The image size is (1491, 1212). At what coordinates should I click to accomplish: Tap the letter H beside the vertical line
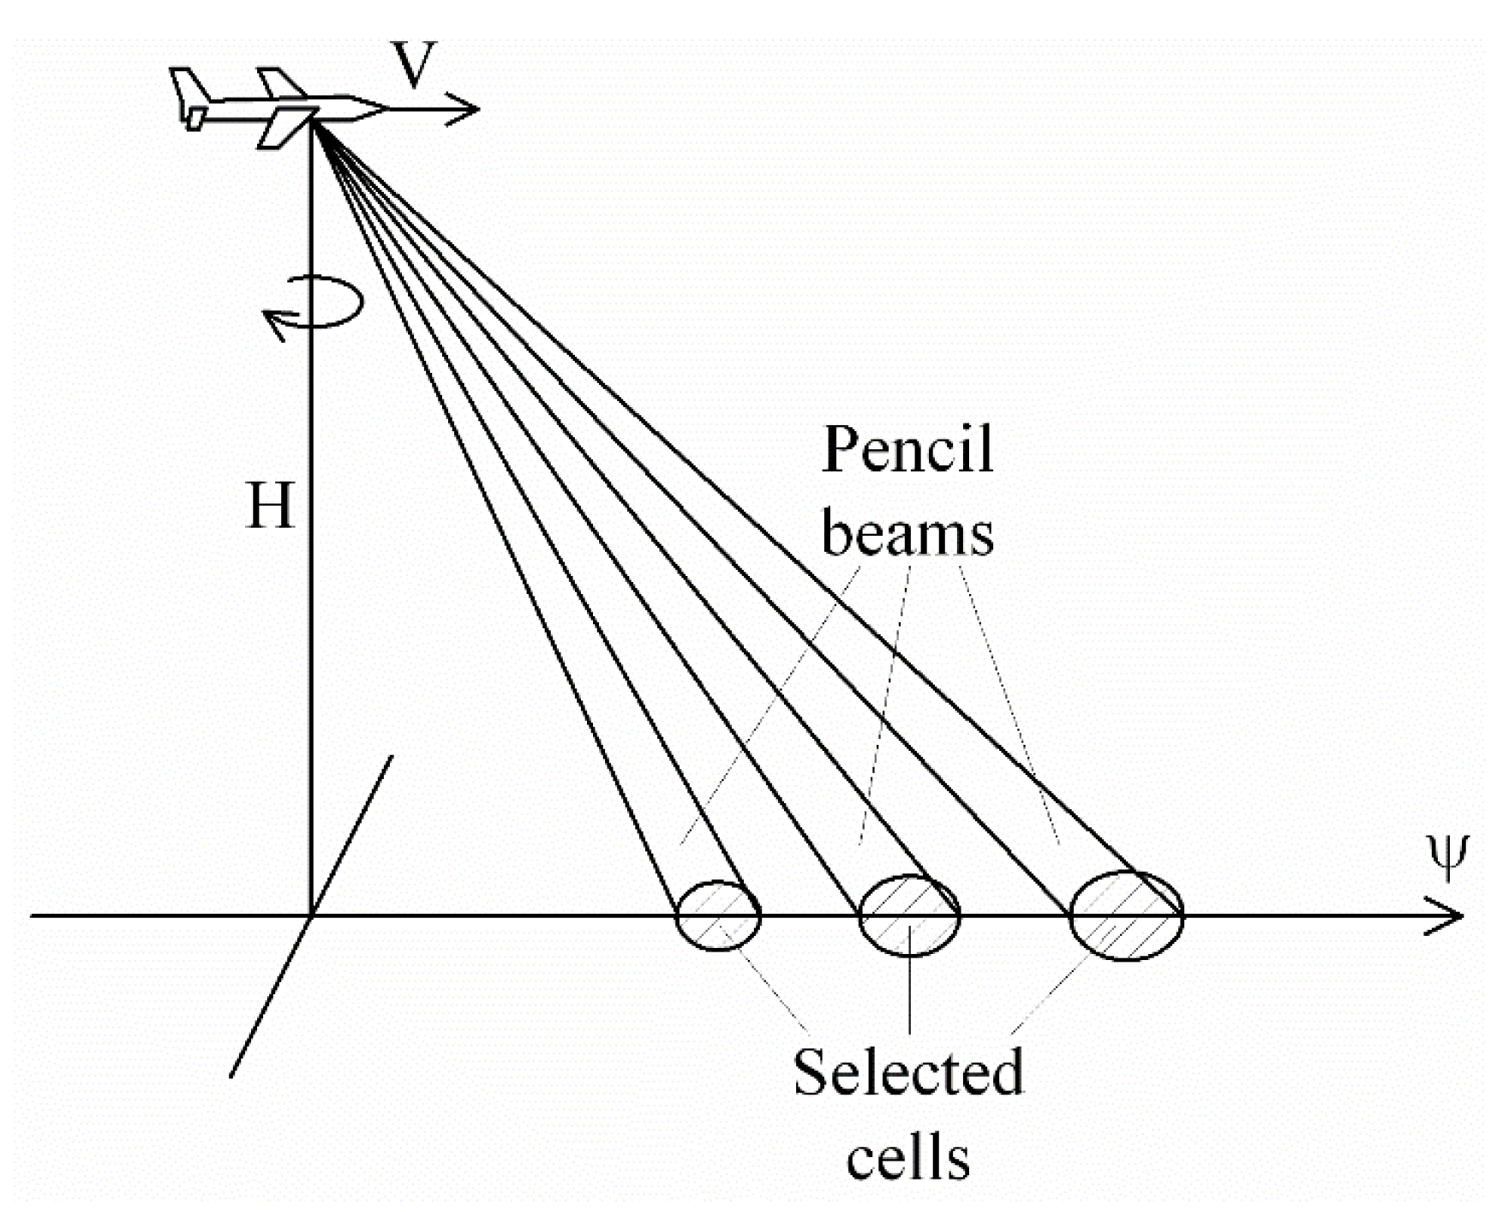pyautogui.click(x=270, y=506)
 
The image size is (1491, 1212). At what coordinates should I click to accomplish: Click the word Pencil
pyautogui.click(x=907, y=450)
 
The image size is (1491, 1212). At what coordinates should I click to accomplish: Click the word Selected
pyautogui.click(x=907, y=1071)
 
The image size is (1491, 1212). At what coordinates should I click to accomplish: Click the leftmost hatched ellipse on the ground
pyautogui.click(x=718, y=915)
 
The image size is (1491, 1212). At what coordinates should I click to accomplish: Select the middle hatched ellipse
pyautogui.click(x=909, y=915)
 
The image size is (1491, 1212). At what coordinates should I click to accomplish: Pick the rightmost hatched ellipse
pyautogui.click(x=1127, y=915)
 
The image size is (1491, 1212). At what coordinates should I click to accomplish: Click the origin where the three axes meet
pyautogui.click(x=310, y=915)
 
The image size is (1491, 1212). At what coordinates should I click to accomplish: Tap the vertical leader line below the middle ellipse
pyautogui.click(x=909, y=994)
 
